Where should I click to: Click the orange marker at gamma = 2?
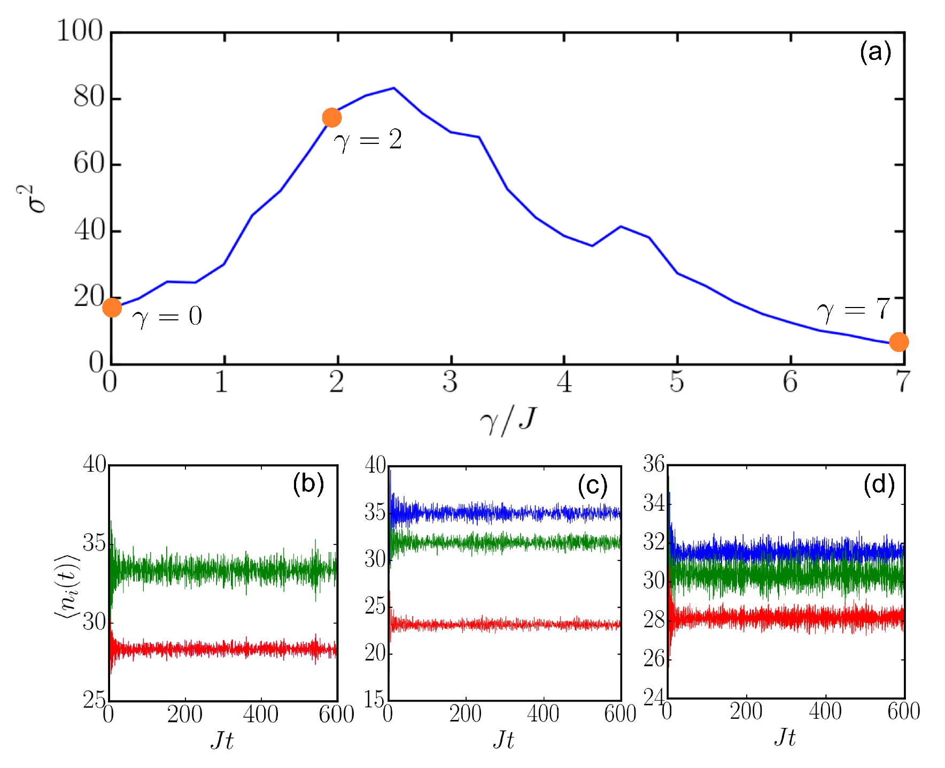click(332, 117)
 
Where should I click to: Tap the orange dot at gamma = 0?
click(112, 308)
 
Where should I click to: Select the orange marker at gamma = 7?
click(898, 342)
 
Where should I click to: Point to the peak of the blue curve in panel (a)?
click(394, 88)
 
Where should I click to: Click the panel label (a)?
click(875, 52)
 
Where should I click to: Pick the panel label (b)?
click(308, 484)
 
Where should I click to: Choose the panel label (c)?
click(592, 486)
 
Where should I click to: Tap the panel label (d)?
click(879, 485)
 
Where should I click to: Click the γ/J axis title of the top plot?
click(507, 420)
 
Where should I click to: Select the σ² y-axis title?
click(37, 199)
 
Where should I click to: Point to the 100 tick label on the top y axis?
click(79, 31)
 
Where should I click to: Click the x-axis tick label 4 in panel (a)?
click(564, 382)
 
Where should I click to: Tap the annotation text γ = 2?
click(368, 141)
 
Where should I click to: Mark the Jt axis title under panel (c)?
click(503, 740)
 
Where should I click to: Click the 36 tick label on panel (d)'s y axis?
click(653, 464)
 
